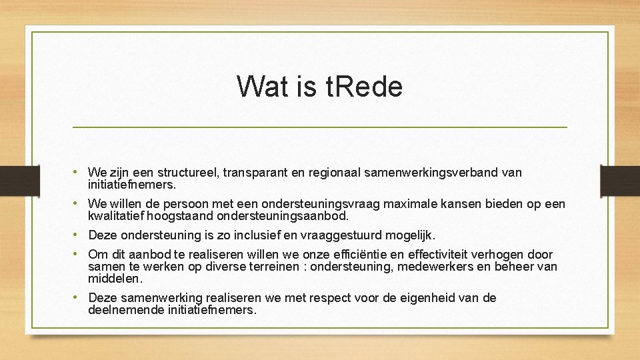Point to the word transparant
(x=256, y=173)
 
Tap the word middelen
(x=115, y=279)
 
